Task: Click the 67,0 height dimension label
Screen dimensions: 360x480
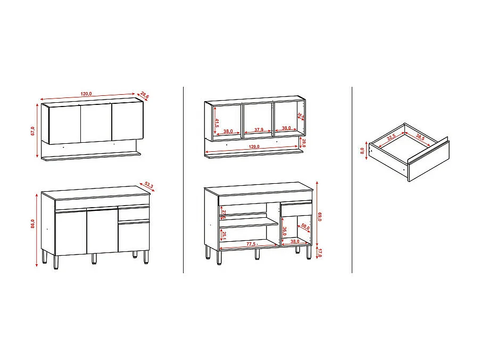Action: [x=33, y=131]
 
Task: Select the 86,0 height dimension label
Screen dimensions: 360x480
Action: [x=33, y=224]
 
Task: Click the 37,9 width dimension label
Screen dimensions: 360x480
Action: [x=258, y=129]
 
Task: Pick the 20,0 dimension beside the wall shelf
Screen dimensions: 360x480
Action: [x=304, y=143]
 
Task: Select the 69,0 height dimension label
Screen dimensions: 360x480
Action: [x=319, y=217]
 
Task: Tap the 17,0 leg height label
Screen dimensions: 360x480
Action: [x=319, y=253]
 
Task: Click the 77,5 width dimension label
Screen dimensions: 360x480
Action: [x=251, y=243]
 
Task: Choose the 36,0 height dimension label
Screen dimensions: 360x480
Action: [x=285, y=232]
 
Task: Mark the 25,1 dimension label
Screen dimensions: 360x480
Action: [x=224, y=235]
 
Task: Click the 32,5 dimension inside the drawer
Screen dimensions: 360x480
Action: [x=392, y=137]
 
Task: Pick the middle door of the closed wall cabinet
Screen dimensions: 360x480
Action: [x=96, y=123]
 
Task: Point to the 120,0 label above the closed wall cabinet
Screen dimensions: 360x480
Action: [x=86, y=94]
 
